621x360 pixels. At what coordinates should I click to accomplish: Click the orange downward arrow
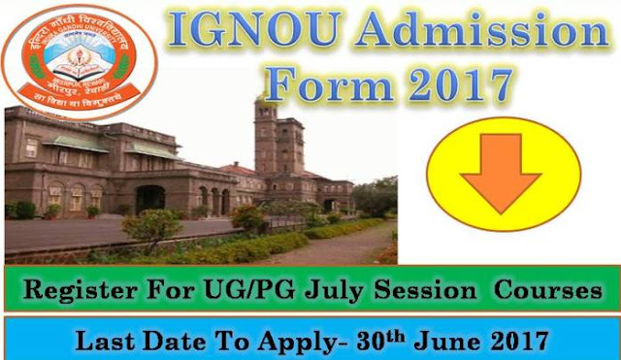tap(501, 170)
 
